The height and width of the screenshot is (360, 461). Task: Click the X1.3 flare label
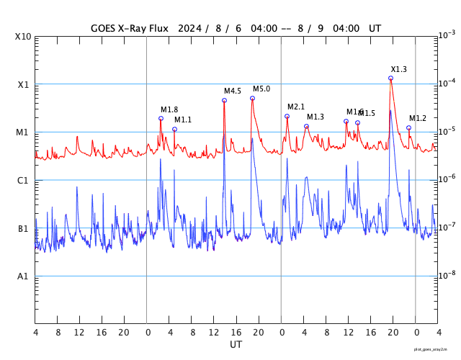pos(398,69)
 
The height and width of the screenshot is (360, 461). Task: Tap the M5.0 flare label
pos(261,89)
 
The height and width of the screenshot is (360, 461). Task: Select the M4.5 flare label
pos(232,91)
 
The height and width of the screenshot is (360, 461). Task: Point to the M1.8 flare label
pos(169,109)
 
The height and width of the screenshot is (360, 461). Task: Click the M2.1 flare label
pos(296,107)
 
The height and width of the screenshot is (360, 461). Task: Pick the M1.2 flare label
pos(418,118)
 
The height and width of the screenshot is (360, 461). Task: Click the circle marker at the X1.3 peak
pos(390,78)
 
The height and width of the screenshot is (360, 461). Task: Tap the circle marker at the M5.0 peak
pos(252,98)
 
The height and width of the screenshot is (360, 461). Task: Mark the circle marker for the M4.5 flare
pos(224,100)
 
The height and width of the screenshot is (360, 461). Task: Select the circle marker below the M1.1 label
pos(174,129)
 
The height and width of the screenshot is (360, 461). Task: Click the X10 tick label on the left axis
pos(23,36)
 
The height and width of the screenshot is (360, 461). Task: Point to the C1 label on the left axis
pos(23,180)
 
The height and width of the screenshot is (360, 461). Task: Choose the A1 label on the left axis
pos(23,276)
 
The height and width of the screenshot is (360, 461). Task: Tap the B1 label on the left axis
pos(23,228)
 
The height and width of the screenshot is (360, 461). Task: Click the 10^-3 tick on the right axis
pos(447,35)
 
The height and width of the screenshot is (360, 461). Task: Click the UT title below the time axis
pos(236,345)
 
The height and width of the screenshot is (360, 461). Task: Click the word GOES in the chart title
pos(105,28)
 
